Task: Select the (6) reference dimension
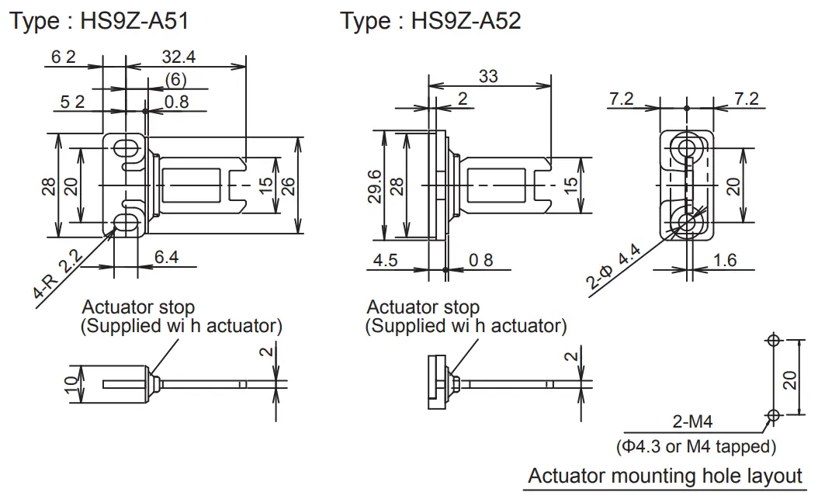(175, 80)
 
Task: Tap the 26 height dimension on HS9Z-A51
(288, 186)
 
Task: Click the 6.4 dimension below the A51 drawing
(166, 258)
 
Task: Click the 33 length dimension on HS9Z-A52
(488, 76)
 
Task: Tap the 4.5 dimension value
(385, 260)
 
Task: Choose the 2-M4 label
(692, 423)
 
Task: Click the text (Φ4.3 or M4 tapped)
(695, 446)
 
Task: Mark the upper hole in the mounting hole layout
(771, 340)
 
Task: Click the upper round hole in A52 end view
(685, 147)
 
